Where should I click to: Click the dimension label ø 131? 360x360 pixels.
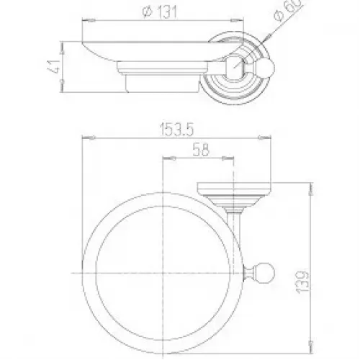(x=160, y=12)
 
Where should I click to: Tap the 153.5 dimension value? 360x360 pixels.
(x=176, y=130)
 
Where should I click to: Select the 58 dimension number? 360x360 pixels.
(x=201, y=150)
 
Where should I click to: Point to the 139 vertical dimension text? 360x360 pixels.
(x=302, y=282)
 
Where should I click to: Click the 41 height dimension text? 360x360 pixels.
(x=53, y=66)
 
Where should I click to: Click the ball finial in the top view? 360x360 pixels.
(x=265, y=273)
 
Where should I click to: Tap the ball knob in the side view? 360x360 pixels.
(x=266, y=67)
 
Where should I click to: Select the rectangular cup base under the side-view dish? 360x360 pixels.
(x=163, y=84)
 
